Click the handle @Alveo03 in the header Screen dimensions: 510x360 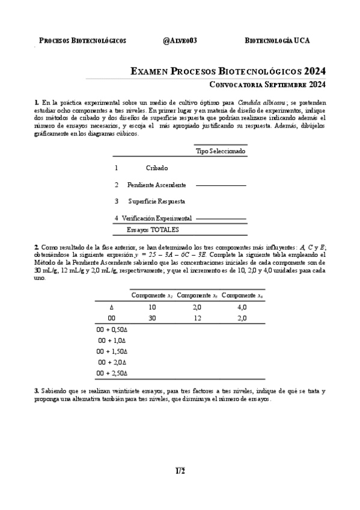180,41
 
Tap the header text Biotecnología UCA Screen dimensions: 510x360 278,41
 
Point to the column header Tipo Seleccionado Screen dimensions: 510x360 221,152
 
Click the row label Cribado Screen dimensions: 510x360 157,168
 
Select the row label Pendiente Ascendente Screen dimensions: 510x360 156,185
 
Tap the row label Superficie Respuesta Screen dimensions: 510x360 156,201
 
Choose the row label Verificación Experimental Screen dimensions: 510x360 157,218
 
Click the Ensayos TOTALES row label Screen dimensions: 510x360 153,230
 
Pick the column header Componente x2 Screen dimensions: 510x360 152,295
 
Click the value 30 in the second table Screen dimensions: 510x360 152,318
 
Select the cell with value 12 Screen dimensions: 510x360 197,318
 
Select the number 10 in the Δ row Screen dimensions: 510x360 152,307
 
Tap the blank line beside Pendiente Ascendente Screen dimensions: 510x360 221,186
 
